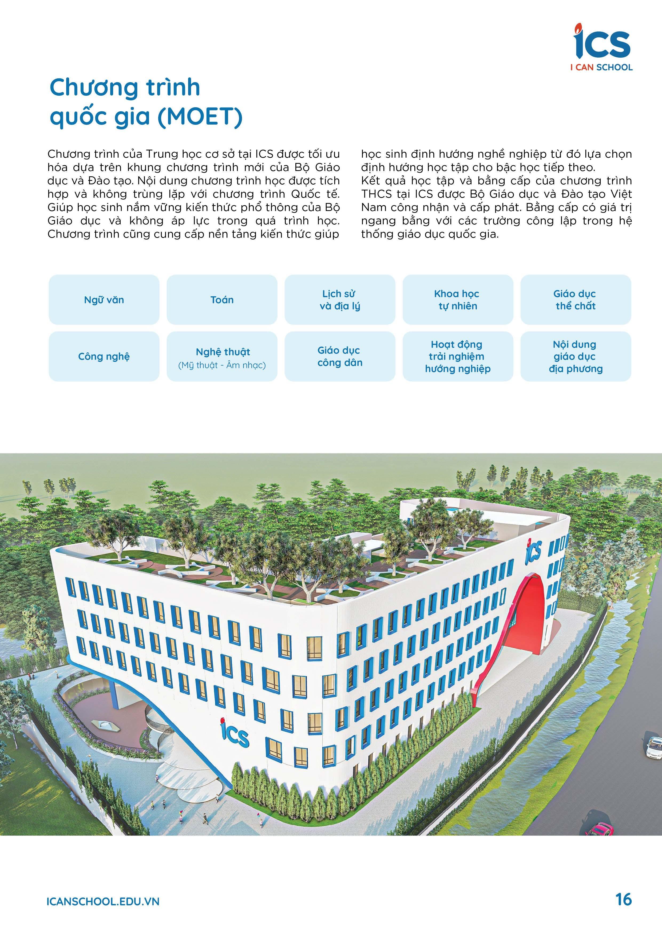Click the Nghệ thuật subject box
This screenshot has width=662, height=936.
(222, 357)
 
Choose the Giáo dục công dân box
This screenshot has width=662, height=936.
(340, 357)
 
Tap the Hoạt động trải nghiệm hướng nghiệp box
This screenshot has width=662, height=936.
(457, 357)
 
